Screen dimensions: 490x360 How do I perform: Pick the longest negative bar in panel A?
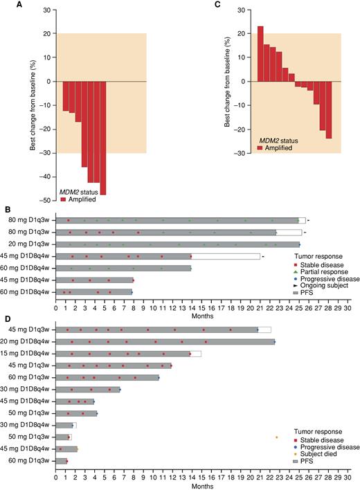pos(103,138)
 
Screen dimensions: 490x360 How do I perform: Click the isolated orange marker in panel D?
pos(276,437)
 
